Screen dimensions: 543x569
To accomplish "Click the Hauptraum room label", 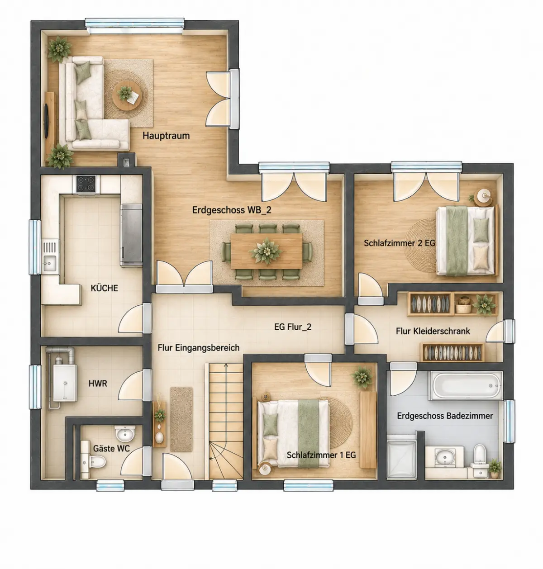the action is point(166,136).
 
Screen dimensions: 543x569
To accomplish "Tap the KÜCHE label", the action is point(104,288).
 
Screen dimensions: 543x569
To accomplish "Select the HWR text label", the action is point(98,384).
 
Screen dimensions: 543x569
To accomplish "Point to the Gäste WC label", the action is point(111,448).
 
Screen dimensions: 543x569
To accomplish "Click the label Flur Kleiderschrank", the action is point(433,331).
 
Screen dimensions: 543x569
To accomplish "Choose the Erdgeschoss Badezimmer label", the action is point(445,416).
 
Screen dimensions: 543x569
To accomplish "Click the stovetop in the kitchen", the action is point(86,184).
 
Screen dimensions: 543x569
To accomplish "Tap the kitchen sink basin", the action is point(49,263).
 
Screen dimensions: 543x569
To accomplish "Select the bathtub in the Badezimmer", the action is point(466,386).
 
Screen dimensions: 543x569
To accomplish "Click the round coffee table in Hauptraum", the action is point(128,95).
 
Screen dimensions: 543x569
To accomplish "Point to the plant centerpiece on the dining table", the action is point(266,251).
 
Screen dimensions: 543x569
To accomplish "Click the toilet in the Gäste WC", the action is point(95,462).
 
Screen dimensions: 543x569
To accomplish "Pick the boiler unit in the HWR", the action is point(65,383).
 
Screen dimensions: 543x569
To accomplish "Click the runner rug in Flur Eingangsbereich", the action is point(181,419).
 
